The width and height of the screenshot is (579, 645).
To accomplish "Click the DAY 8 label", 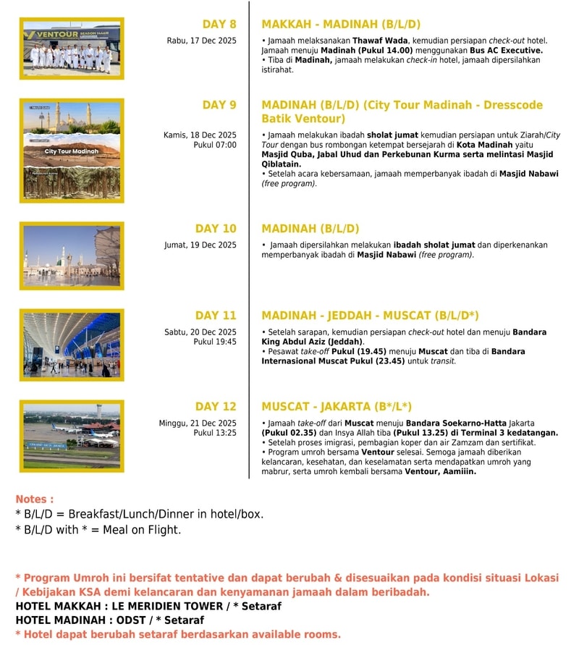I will click(x=219, y=25).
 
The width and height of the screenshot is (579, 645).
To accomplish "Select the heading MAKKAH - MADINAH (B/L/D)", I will click(x=340, y=25).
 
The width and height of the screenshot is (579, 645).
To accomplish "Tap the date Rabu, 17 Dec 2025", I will click(x=201, y=41).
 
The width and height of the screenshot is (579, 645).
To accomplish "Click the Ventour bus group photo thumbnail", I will click(x=72, y=49).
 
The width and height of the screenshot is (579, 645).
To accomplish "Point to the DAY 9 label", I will click(x=219, y=105).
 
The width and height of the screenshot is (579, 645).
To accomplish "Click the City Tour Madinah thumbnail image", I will click(x=72, y=151).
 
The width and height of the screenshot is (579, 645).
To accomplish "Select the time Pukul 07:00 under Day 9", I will click(x=215, y=145).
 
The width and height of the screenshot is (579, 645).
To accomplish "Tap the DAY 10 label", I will click(x=215, y=229).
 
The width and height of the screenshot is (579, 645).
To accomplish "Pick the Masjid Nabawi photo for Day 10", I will click(x=72, y=256).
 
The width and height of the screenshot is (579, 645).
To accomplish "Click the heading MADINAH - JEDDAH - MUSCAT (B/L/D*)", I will click(x=370, y=316).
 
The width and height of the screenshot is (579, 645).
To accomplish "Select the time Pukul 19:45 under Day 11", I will click(x=215, y=342).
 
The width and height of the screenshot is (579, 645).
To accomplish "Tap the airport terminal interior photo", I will click(x=72, y=345).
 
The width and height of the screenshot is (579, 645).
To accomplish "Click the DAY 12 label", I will click(x=215, y=407).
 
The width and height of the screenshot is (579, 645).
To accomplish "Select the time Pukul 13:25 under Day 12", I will click(x=215, y=433).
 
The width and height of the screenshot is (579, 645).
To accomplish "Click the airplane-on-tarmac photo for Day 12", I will click(x=72, y=437).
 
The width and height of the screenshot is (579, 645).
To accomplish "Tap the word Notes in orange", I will click(x=34, y=499).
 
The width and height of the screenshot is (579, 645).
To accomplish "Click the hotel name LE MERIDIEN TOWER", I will click(x=169, y=606).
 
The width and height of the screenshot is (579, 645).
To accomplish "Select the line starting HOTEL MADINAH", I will click(x=109, y=620).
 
